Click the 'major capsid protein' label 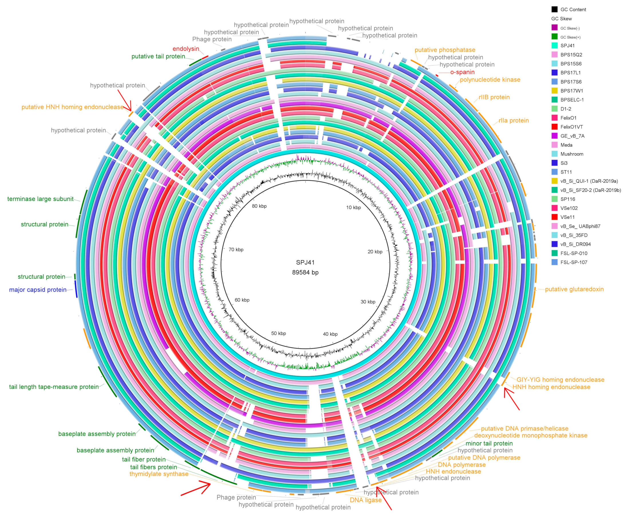tap(38, 290)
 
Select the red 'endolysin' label tap(186, 49)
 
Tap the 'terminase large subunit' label tap(40, 199)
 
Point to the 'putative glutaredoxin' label tap(574, 289)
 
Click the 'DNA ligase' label tap(365, 500)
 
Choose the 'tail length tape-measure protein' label tap(54, 387)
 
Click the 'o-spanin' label tap(462, 72)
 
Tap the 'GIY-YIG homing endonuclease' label tap(560, 380)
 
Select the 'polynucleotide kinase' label tap(490, 80)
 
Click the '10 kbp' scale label tap(353, 208)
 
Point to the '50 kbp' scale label tap(278, 334)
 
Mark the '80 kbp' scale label tap(259, 206)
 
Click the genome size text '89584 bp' tap(305, 273)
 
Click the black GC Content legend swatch tap(554, 9)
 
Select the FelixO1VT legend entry tap(567, 127)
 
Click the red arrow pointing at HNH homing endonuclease tap(511, 399)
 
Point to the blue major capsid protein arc tap(76, 289)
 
